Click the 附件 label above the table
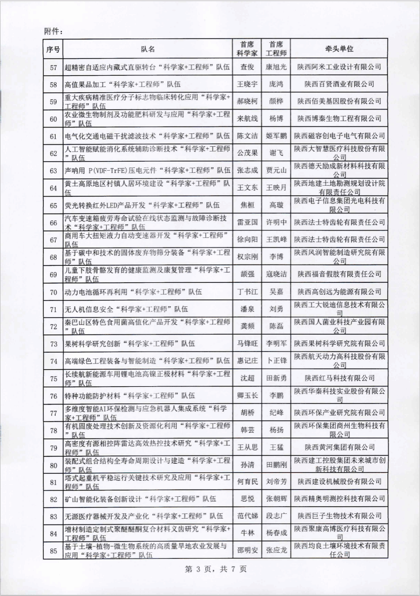click(53, 31)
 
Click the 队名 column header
click(148, 49)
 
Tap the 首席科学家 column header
click(247, 49)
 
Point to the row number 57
click(53, 67)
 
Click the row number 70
click(53, 292)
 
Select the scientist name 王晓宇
click(247, 85)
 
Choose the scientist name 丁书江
click(247, 292)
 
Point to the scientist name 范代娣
click(247, 516)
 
